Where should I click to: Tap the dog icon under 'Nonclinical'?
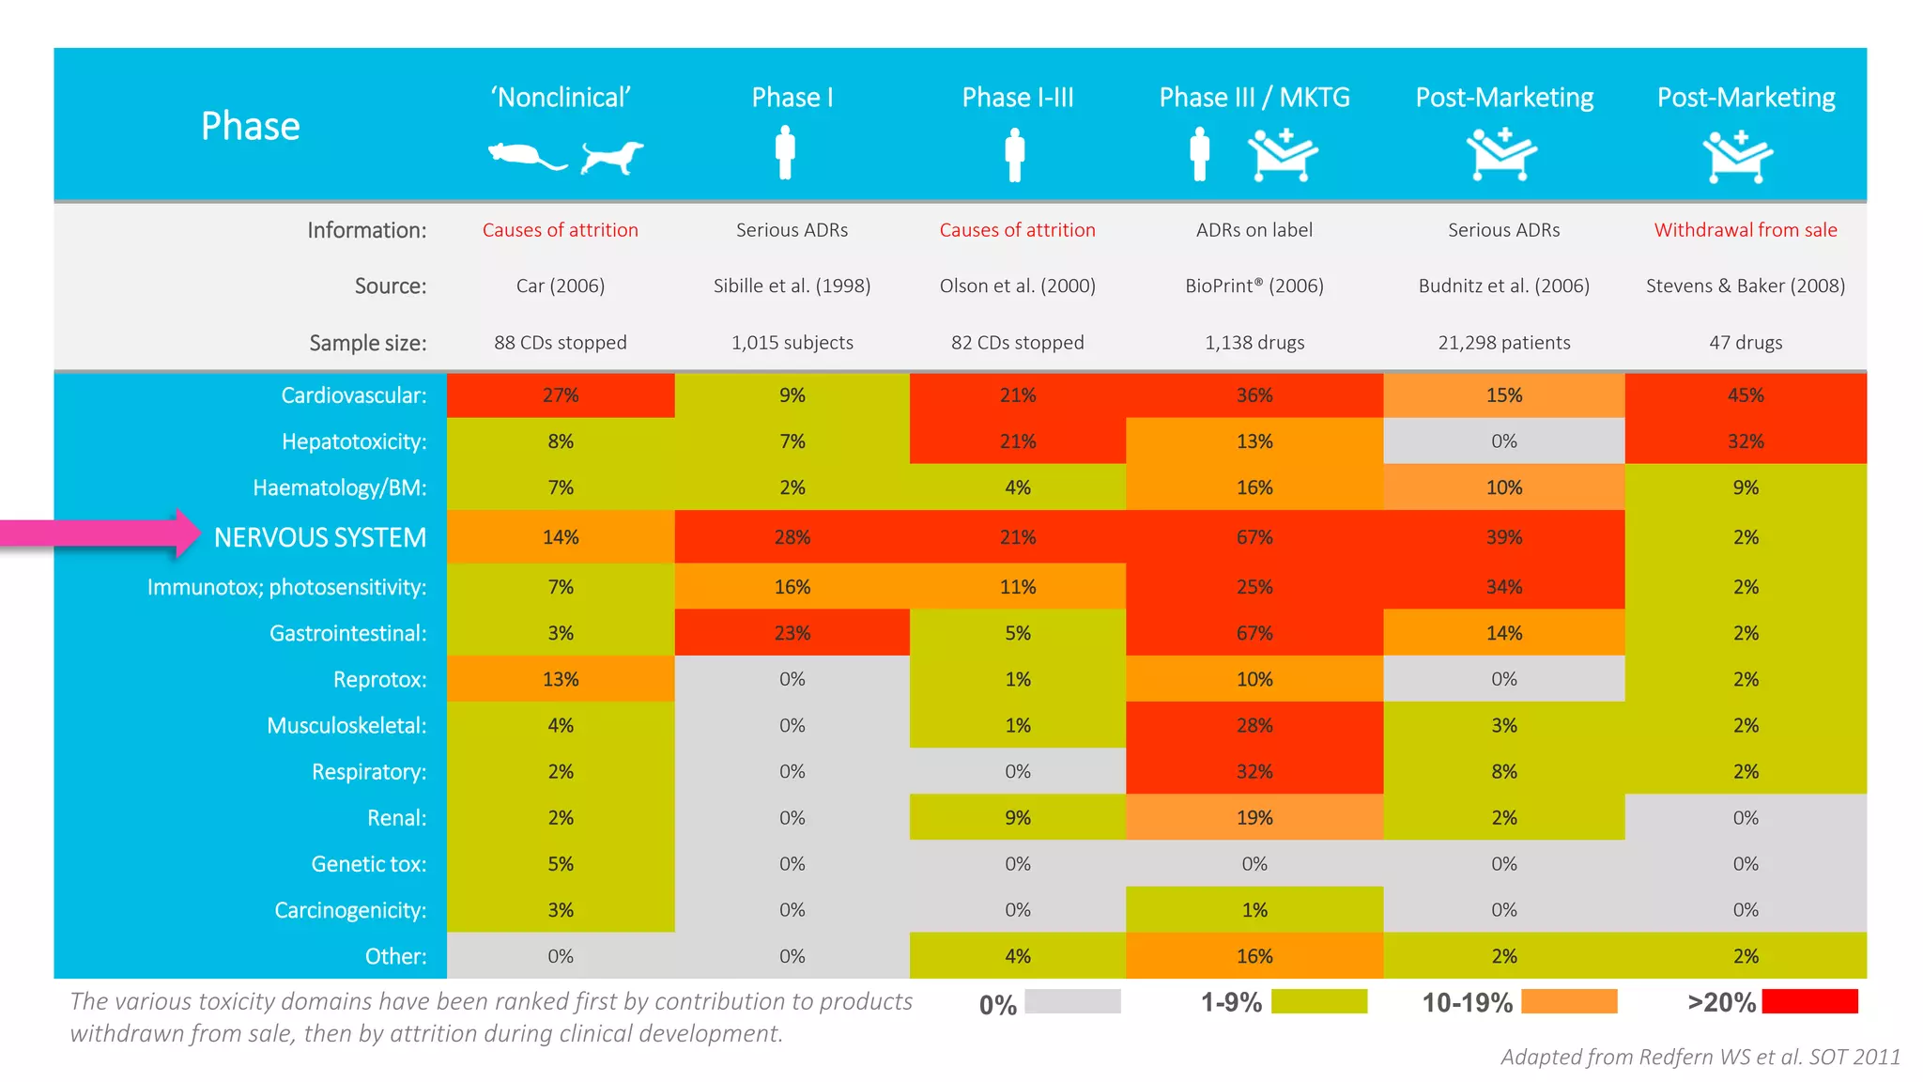point(611,157)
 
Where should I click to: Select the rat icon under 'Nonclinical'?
point(525,156)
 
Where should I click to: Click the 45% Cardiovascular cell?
point(1745,395)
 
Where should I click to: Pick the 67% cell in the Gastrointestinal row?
point(1254,633)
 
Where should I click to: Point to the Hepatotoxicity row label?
point(353,441)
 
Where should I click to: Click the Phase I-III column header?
point(1017,98)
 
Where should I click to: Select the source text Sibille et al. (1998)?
point(792,286)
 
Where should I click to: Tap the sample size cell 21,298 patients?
point(1503,343)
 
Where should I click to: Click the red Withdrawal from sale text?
point(1745,230)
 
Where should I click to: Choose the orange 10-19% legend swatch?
point(1568,1001)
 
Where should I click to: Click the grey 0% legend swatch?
point(1072,1001)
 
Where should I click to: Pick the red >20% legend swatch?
point(1809,1001)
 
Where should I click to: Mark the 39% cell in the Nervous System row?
point(1503,537)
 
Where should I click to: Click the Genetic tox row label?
point(368,864)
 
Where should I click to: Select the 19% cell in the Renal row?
point(1254,818)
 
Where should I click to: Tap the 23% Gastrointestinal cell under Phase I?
point(792,633)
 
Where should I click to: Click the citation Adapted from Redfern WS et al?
point(1700,1058)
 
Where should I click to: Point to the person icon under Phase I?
point(785,153)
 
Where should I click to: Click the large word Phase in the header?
point(250,126)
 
